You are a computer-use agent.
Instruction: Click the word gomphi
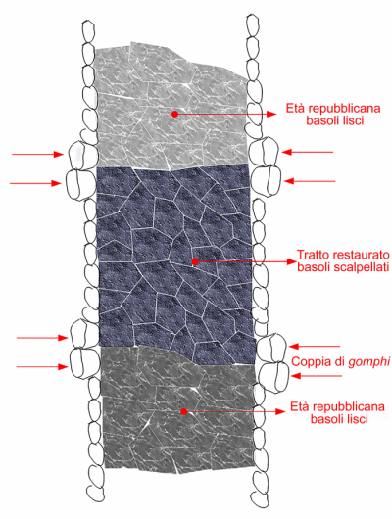(x=368, y=362)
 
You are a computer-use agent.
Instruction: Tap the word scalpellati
(x=358, y=267)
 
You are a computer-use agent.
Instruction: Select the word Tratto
(x=313, y=255)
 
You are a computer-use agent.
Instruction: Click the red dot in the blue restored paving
(x=195, y=261)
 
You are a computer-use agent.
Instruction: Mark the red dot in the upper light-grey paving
(x=174, y=114)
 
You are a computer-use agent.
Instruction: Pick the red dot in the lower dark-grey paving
(x=184, y=411)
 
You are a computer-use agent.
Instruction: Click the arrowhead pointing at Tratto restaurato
(x=291, y=261)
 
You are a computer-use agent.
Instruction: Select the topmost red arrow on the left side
(x=37, y=154)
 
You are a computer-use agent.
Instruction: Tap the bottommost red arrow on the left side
(x=42, y=367)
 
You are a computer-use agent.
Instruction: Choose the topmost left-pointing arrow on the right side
(x=308, y=152)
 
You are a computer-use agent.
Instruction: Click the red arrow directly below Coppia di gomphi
(x=317, y=376)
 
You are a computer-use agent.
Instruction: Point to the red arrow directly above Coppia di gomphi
(x=315, y=347)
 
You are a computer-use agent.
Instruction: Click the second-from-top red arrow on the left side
(x=36, y=183)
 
